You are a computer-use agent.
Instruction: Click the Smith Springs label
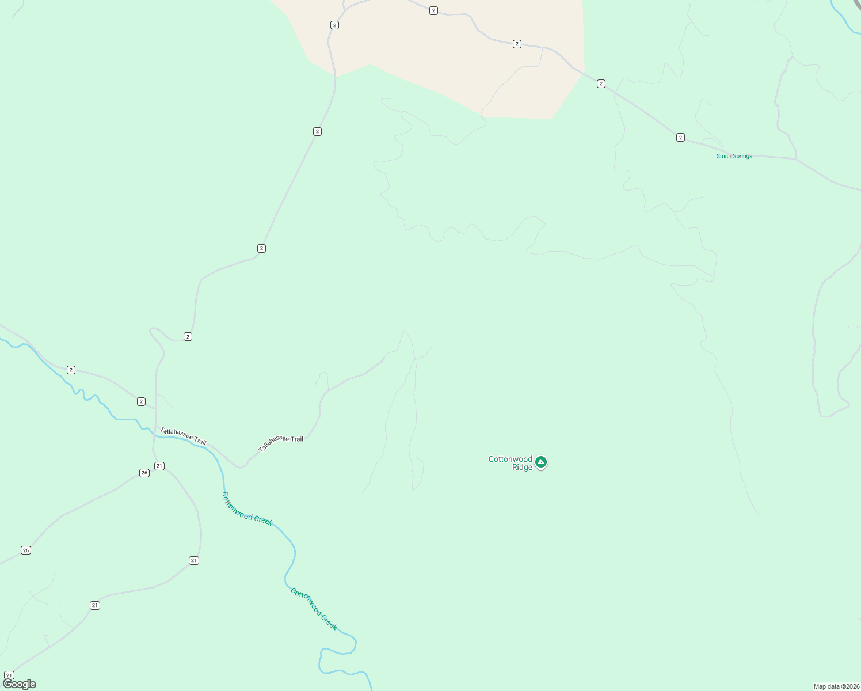734,156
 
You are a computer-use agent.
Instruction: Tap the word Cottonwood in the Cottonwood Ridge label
510,459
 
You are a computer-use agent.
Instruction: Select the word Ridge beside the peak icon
522,468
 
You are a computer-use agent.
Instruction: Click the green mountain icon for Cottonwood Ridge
541,462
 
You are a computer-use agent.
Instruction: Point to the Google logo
20,684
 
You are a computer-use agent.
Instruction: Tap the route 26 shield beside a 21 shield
144,473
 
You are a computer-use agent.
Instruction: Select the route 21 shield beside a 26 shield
159,466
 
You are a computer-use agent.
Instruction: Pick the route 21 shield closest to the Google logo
9,675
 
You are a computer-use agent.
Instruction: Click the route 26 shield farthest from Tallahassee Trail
25,550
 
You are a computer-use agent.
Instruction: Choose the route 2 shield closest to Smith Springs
680,137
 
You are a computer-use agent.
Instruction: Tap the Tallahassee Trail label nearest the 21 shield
183,436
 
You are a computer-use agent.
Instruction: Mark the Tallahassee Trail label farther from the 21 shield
281,443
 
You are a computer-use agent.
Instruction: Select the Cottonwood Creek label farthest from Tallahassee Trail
314,609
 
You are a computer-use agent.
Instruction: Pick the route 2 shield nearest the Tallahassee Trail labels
141,401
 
